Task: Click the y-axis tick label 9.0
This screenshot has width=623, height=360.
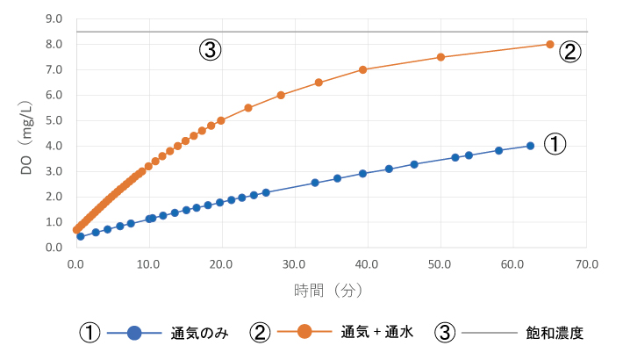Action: point(53,18)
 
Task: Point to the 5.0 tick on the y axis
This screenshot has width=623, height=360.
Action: point(53,120)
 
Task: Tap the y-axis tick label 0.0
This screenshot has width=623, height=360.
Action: point(53,248)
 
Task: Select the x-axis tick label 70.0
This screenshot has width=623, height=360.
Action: point(587,263)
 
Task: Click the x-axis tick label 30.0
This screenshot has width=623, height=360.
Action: point(295,263)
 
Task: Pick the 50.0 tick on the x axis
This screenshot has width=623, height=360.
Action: point(440,263)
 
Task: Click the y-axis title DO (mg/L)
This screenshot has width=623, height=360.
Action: point(27,132)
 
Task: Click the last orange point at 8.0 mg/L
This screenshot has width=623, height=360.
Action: point(550,44)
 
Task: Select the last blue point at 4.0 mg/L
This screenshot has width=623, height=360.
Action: point(530,146)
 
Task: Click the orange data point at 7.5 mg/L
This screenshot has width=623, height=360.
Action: point(440,57)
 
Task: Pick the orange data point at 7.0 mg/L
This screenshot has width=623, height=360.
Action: point(362,69)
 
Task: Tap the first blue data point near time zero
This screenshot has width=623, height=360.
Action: point(80,236)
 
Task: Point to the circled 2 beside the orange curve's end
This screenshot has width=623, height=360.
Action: point(569,52)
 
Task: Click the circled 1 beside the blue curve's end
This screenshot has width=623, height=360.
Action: point(555,145)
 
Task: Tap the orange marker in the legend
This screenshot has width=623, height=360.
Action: point(304,332)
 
